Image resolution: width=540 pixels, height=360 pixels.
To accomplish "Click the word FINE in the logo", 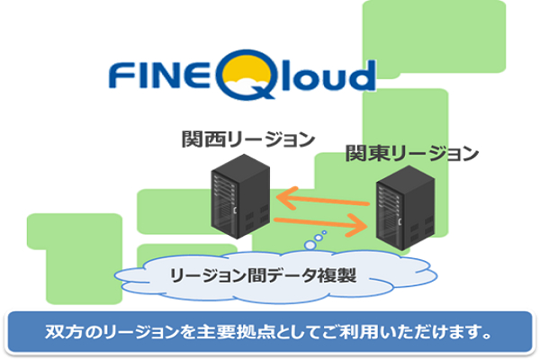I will point(157,75).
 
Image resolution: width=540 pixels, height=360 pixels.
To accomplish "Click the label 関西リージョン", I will point(247,140).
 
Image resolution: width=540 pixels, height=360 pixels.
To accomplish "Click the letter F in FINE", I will point(118,75).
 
